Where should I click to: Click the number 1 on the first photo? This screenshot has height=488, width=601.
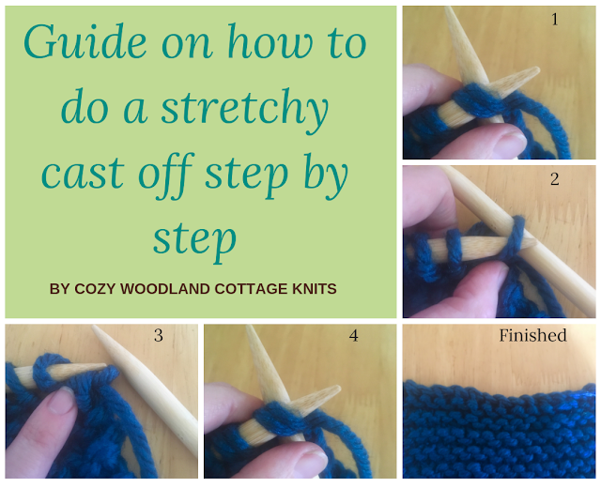click(555, 19)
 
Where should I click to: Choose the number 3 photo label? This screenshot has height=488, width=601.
click(158, 335)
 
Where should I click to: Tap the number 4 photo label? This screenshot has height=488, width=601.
click(353, 335)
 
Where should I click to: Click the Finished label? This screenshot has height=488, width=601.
click(532, 335)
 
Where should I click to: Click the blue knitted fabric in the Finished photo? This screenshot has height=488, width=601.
click(498, 432)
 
